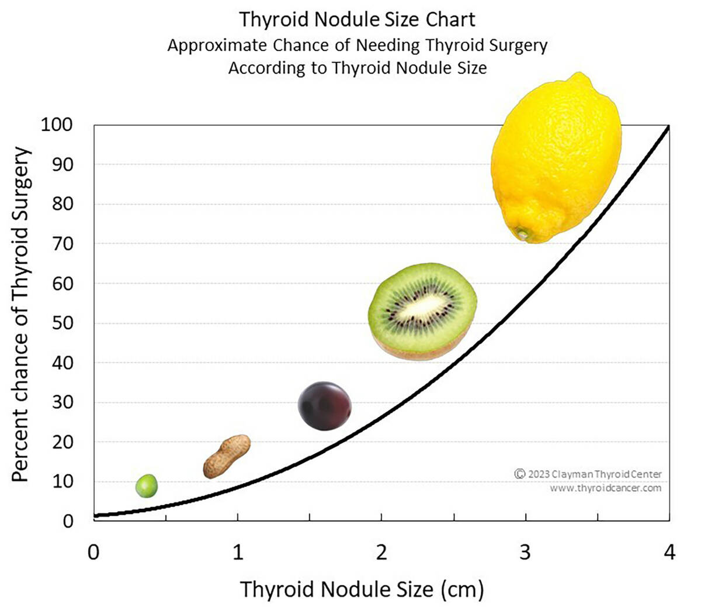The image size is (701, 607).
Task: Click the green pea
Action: coord(147,486)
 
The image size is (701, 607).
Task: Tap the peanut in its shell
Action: coord(227,457)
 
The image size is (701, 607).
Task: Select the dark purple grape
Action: coord(324,406)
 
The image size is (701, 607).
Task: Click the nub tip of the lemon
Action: coord(521,234)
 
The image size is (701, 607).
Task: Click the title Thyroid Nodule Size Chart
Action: coord(357,20)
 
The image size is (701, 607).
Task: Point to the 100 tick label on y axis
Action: coord(57,125)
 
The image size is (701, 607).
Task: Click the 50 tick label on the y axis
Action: coord(63,323)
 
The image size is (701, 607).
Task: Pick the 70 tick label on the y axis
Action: coord(63,244)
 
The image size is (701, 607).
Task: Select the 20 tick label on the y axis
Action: coord(63,442)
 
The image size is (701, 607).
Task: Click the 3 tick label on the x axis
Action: coord(525,552)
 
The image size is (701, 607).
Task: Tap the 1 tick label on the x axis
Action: coord(237,552)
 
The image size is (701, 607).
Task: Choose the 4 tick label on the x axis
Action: coord(669,552)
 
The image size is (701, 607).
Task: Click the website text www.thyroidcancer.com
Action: coord(605,488)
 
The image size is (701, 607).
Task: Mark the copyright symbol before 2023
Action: coord(519,474)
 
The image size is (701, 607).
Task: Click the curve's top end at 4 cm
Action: coord(668,126)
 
